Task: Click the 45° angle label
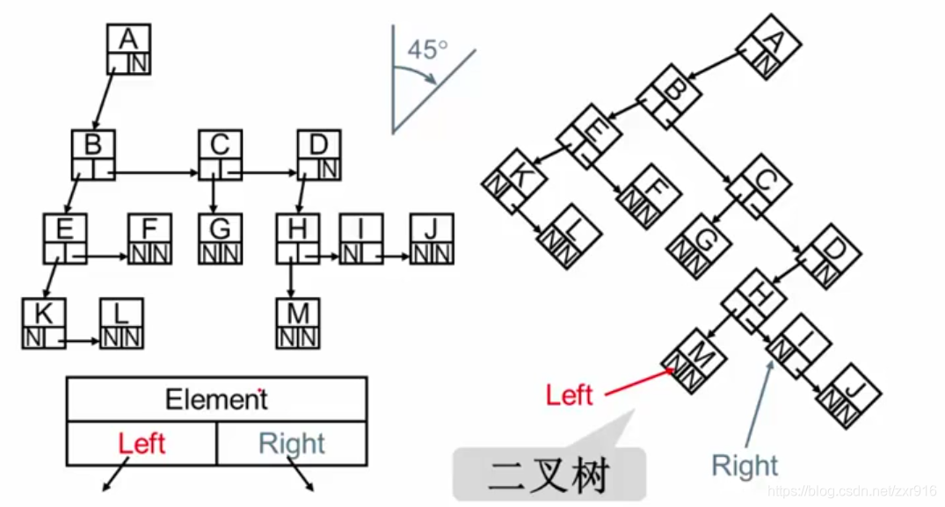click(x=427, y=50)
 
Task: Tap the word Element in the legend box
click(x=216, y=400)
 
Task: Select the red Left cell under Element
click(x=142, y=444)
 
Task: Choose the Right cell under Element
click(x=292, y=444)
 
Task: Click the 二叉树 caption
click(x=549, y=476)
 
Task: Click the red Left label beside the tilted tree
click(x=569, y=395)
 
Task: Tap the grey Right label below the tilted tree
click(x=745, y=466)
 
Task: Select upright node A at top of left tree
click(x=129, y=49)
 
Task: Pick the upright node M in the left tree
click(x=298, y=323)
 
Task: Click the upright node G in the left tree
click(x=220, y=239)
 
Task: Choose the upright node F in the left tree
click(x=149, y=239)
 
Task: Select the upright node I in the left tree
click(x=361, y=239)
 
